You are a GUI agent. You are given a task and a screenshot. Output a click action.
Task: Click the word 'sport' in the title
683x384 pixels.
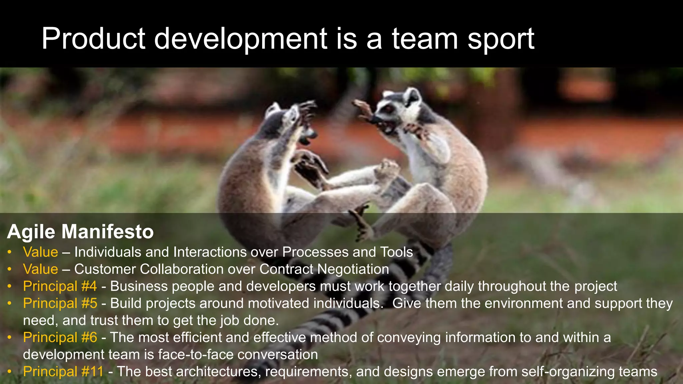pyautogui.click(x=501, y=39)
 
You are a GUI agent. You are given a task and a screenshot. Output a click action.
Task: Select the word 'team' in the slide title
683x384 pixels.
pyautogui.click(x=425, y=39)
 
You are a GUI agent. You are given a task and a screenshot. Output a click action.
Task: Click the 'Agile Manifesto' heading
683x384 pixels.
pyautogui.click(x=80, y=231)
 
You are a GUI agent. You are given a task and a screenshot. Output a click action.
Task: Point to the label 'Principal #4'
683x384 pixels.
pyautogui.click(x=60, y=286)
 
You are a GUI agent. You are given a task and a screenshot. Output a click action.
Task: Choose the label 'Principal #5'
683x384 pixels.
pyautogui.click(x=60, y=303)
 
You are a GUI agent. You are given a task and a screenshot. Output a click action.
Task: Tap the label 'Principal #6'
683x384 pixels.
pyautogui.click(x=60, y=337)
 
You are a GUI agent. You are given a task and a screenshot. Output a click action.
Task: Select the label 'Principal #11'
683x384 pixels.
pyautogui.click(x=63, y=371)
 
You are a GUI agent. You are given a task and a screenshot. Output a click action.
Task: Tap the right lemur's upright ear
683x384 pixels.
pyautogui.click(x=413, y=95)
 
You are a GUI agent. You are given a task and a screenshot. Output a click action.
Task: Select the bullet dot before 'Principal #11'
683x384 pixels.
pyautogui.click(x=10, y=371)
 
